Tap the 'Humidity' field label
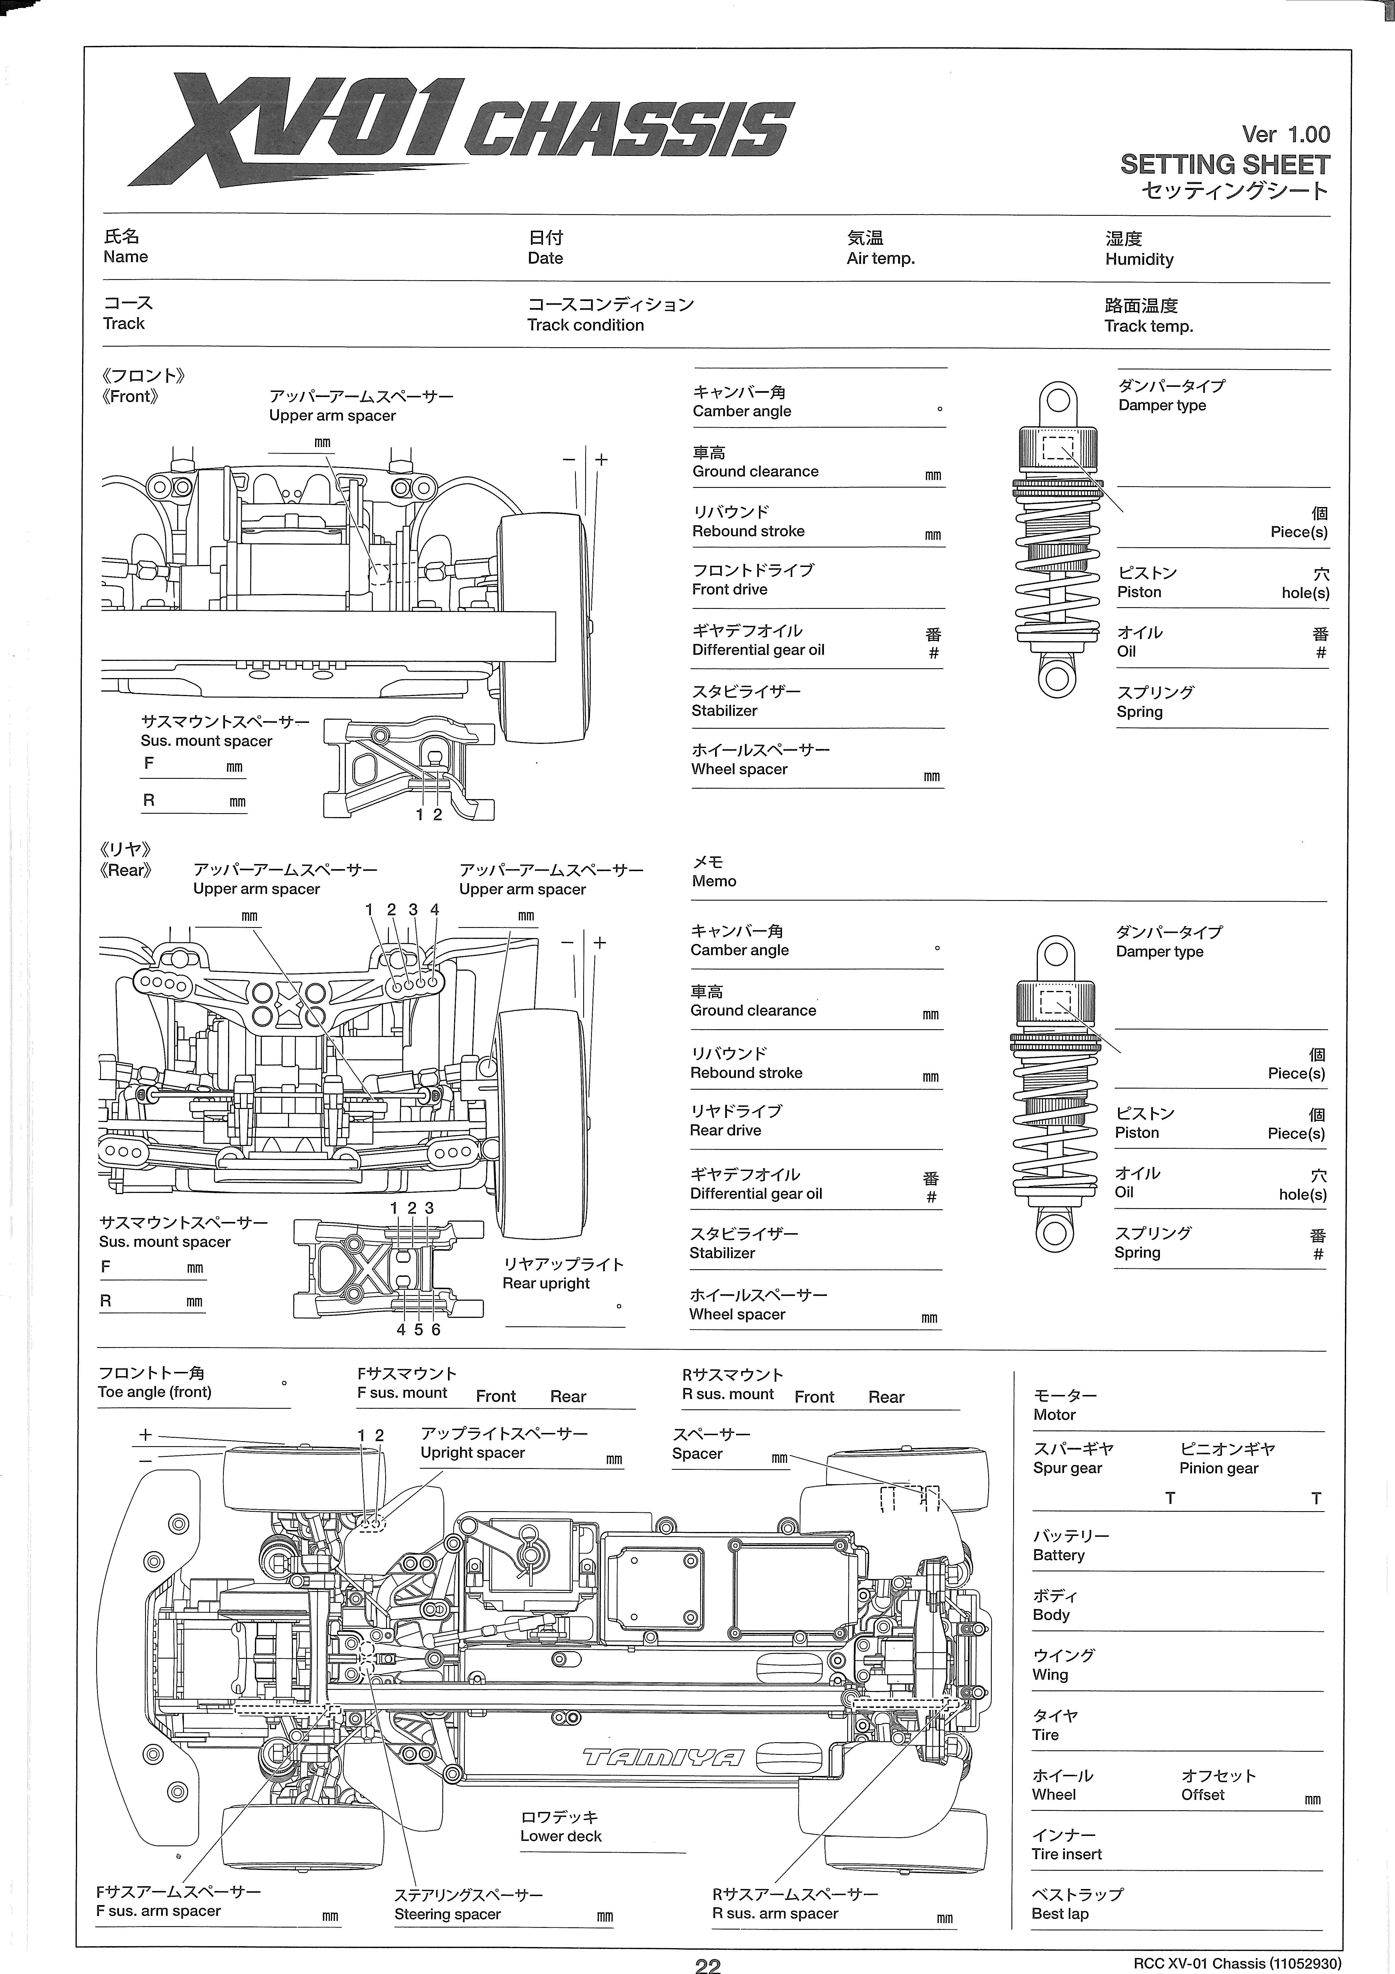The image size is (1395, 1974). [x=1139, y=259]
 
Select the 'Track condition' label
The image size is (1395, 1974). [x=585, y=325]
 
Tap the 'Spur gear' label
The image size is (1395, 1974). [x=1067, y=1468]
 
